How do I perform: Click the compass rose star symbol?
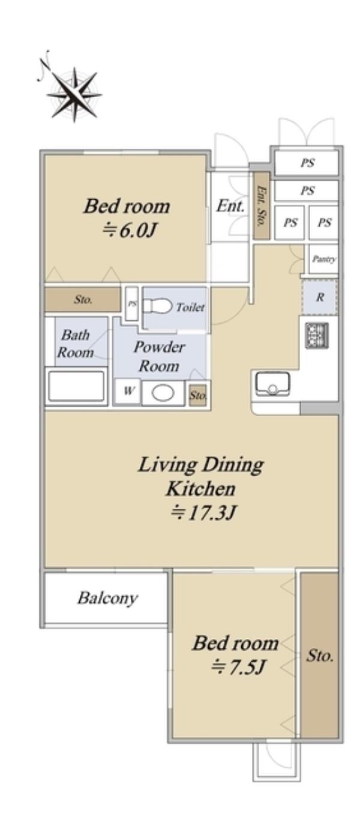[74, 94]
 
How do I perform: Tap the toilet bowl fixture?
[157, 307]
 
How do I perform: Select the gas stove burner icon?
[317, 335]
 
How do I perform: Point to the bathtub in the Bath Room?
[76, 386]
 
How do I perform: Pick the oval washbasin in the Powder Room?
[163, 394]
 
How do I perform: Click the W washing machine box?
[128, 392]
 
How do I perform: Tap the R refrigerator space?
[320, 298]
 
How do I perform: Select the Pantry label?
[324, 259]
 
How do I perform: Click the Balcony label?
[107, 599]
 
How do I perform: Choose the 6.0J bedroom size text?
[129, 230]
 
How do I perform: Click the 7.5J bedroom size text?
[238, 668]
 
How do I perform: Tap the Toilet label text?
[190, 308]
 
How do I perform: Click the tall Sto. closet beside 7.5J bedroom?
[319, 654]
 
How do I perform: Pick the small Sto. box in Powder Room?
[198, 395]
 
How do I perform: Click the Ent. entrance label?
[230, 206]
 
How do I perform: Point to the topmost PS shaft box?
[307, 163]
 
